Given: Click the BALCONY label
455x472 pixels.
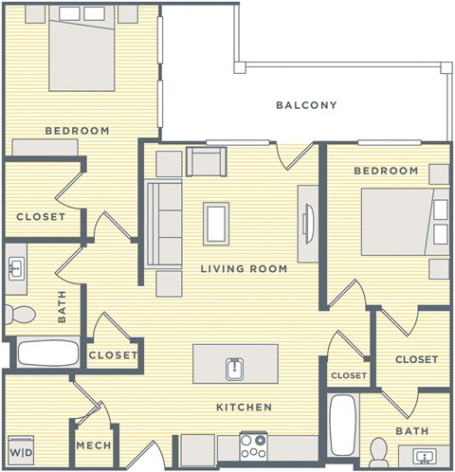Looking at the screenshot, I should click(306, 105).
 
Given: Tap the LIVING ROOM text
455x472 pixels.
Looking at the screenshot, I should click(244, 269).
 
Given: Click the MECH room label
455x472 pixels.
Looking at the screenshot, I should click(95, 446).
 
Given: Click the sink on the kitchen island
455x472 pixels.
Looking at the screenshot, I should click(235, 366).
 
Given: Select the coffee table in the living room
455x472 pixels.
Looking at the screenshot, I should click(216, 224).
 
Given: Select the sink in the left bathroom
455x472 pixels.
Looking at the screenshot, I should click(16, 269).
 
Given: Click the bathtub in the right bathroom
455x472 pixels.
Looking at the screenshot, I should click(343, 424).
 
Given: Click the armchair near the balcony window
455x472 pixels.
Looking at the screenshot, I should click(207, 161).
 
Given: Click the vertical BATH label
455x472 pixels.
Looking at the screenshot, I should click(63, 307).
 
